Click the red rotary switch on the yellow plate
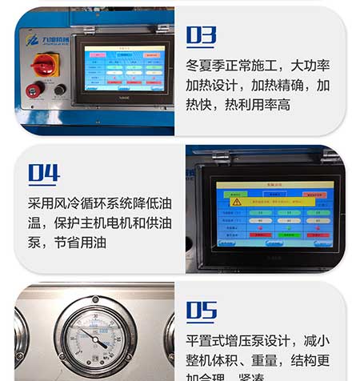tap(42, 62)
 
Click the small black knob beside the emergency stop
tap(58, 90)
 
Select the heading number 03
tap(202, 35)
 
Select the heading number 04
tap(44, 173)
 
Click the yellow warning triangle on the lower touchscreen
tap(237, 202)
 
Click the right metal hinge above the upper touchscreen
tap(162, 29)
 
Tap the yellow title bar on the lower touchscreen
tap(274, 185)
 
